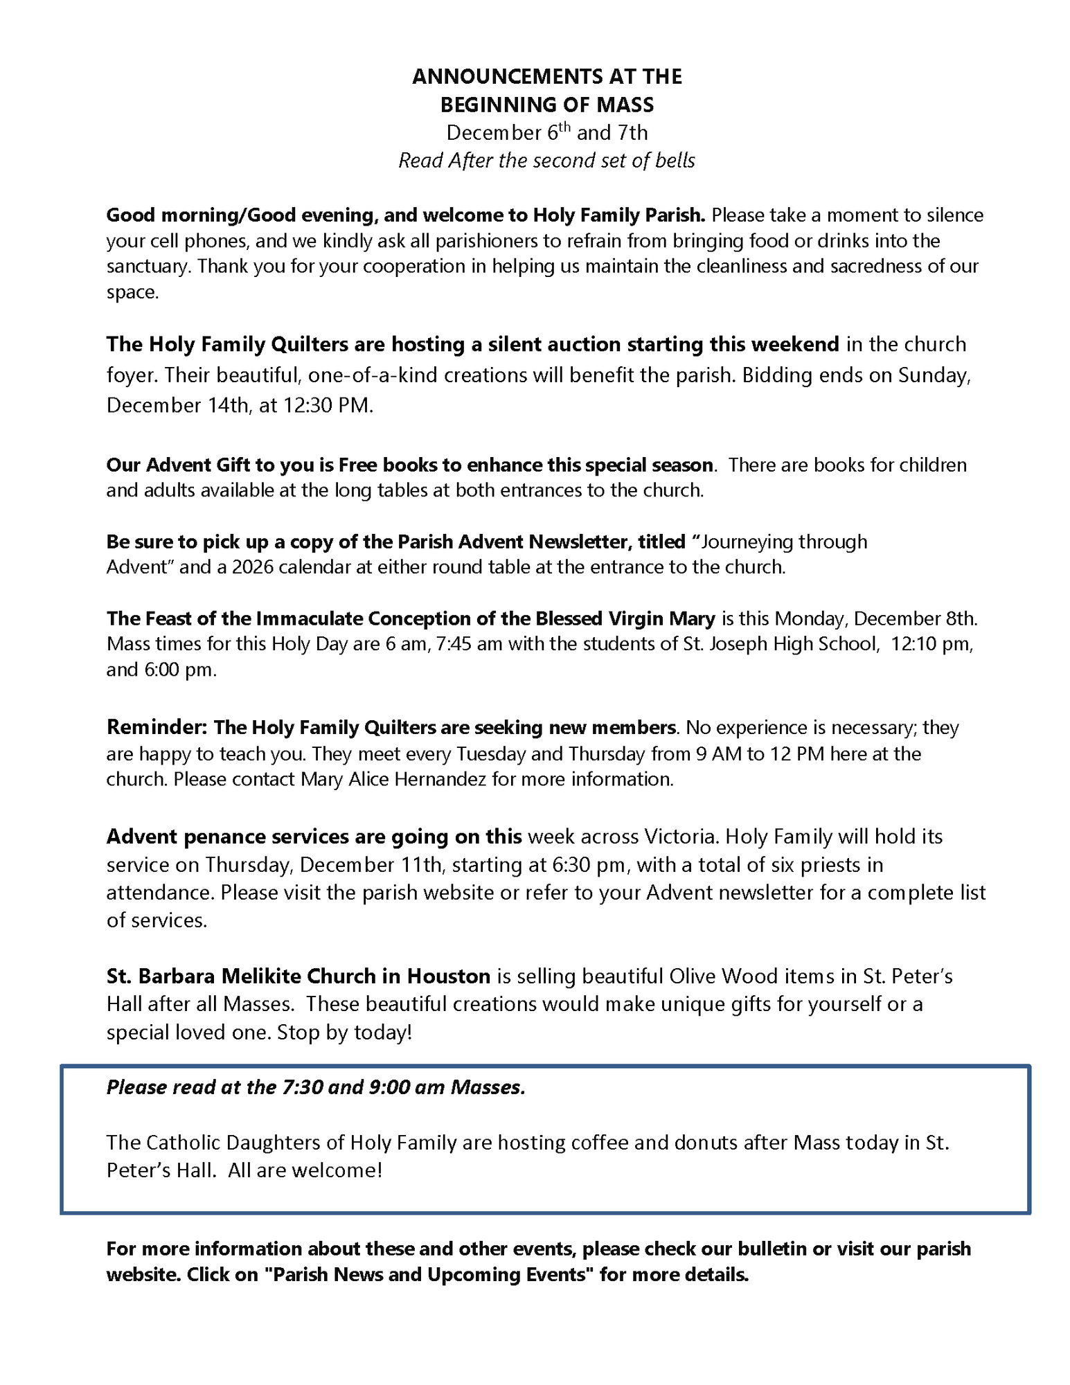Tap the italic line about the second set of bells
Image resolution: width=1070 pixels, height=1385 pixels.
tap(546, 161)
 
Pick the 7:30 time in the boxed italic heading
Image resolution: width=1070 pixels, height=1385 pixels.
tap(303, 1087)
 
